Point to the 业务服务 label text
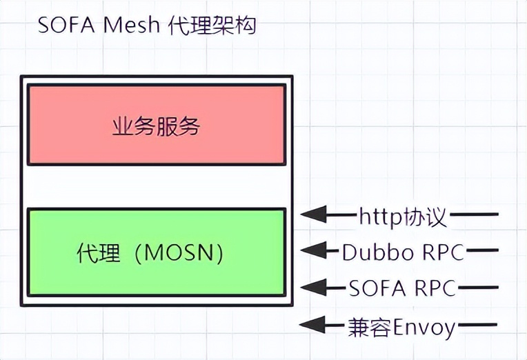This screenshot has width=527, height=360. (x=157, y=126)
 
